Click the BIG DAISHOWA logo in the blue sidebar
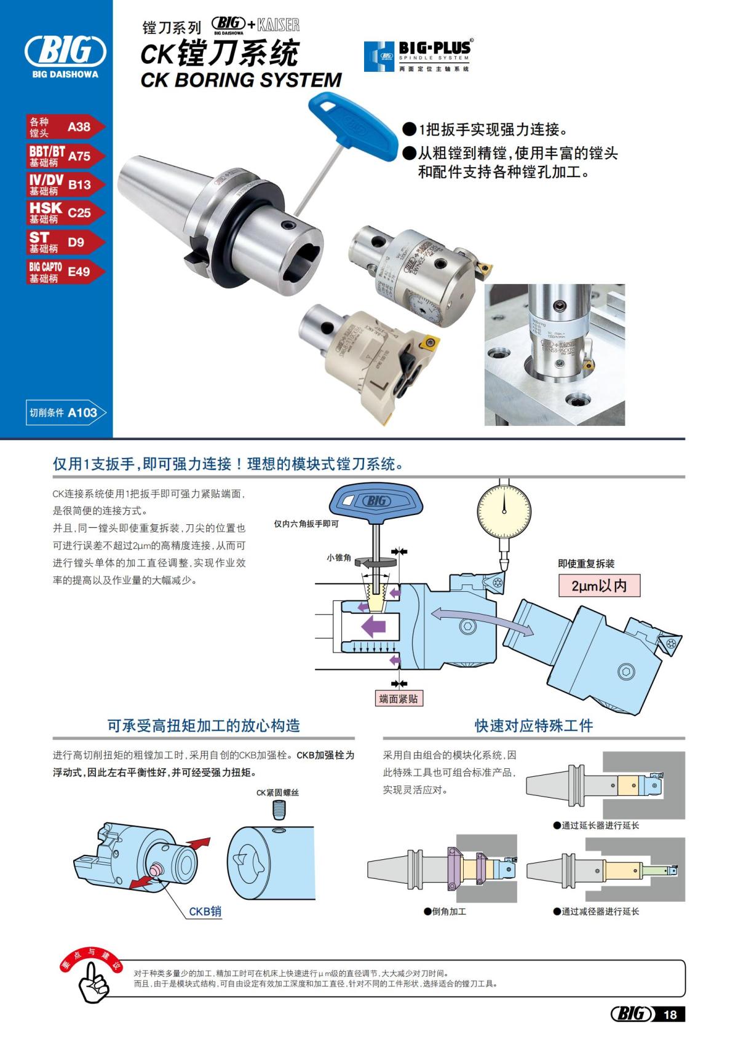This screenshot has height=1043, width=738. point(65,55)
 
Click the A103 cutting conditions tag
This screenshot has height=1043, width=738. point(66,412)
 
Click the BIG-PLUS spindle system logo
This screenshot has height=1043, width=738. point(419,56)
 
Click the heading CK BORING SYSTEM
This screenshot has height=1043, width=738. point(241,80)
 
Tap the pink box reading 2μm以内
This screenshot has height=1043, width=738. point(599,586)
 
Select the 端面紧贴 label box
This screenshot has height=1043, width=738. point(399,699)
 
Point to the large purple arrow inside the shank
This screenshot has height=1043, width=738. point(373,627)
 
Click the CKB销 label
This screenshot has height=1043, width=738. point(205,911)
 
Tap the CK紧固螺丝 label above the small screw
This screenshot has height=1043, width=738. point(277,793)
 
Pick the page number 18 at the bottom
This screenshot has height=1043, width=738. point(670,1014)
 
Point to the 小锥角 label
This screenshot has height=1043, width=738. point(339,557)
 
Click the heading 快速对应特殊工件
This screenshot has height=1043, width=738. point(533,725)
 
